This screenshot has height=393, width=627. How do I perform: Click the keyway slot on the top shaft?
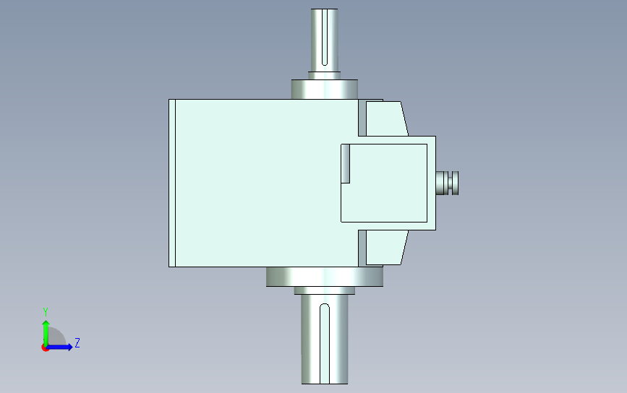[325, 37]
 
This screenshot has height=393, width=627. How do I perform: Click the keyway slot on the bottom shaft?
[325, 344]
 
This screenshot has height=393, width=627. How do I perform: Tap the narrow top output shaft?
[324, 40]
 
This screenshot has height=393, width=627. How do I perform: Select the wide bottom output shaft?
[325, 340]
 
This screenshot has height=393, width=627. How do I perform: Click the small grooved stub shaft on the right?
[447, 183]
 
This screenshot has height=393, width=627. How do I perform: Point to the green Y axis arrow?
[46, 333]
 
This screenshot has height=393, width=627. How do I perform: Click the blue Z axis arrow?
[59, 347]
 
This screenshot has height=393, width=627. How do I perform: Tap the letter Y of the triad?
[46, 311]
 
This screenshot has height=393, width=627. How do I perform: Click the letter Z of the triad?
[77, 342]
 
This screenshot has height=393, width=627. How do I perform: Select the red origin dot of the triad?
[45, 348]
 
